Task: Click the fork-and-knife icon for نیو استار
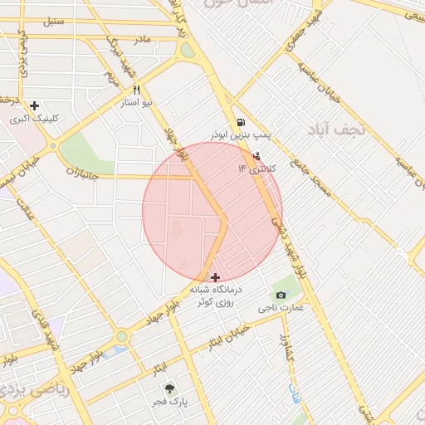[136, 90]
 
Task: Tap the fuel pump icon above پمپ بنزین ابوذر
[241, 121]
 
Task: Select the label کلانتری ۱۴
[246, 169]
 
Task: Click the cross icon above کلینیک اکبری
[34, 105]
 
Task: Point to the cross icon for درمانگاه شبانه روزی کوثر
[216, 276]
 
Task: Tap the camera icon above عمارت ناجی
[281, 295]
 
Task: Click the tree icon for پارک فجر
[170, 388]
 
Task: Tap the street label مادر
[143, 39]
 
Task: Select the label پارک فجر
[170, 403]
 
